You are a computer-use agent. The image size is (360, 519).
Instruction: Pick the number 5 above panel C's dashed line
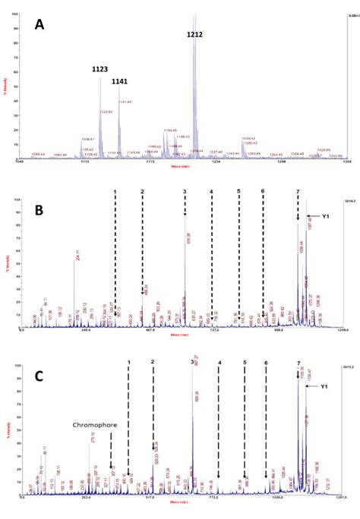coord(245,363)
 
